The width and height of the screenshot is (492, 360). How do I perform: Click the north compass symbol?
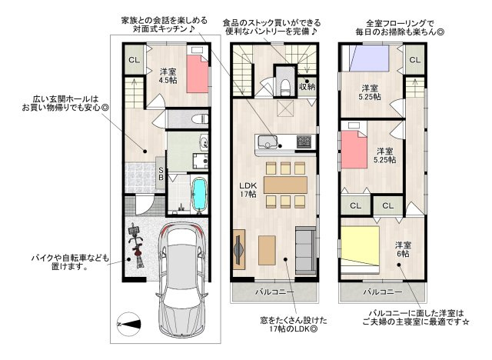point(128,324)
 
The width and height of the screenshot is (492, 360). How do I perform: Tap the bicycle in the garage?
point(137,245)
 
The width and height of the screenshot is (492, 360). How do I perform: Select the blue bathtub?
point(199,195)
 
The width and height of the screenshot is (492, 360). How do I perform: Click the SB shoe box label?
point(161,174)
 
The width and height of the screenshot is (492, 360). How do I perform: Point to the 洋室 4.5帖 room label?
point(168,76)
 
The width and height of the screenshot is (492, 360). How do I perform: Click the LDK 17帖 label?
point(248,189)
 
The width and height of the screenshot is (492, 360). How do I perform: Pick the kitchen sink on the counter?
point(268,142)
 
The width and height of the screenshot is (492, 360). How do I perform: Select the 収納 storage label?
point(307,86)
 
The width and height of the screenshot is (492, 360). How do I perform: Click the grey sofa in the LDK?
point(305,250)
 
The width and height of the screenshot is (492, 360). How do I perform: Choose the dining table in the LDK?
point(285,185)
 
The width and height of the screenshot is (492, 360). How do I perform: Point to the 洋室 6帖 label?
point(403,249)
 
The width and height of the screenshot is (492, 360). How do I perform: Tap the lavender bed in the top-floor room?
point(368,58)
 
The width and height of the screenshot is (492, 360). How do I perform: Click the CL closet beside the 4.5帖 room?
point(135,60)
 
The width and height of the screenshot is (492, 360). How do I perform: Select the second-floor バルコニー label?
point(274,292)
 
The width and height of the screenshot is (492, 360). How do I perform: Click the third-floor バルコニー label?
point(383,292)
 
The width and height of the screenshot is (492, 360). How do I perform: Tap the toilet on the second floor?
point(285,87)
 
